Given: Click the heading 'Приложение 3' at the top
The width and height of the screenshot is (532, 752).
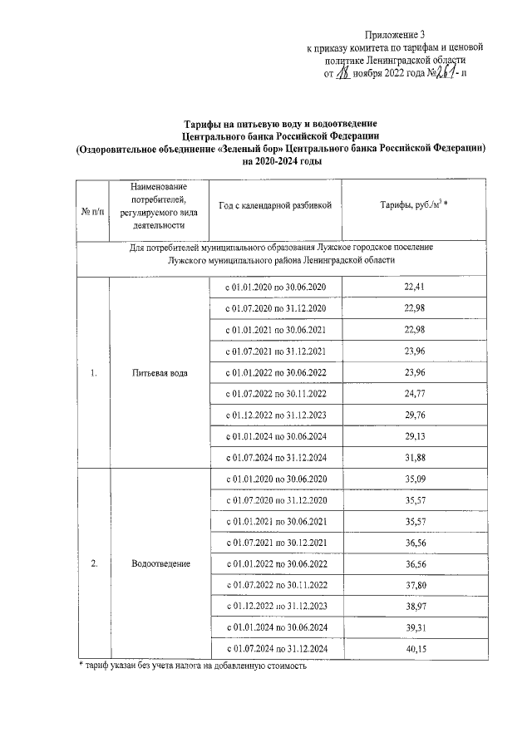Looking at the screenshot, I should point(394,34).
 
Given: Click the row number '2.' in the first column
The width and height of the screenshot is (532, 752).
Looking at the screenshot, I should point(94,564).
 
